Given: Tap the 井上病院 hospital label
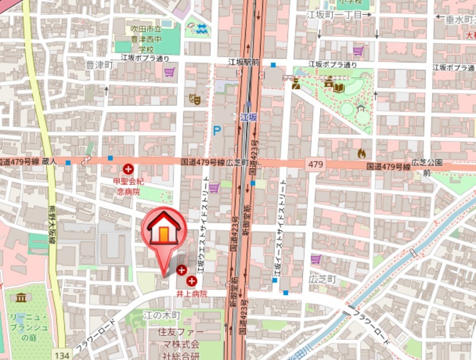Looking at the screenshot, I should point(191,293).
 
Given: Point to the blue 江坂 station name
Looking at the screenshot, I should point(249,117).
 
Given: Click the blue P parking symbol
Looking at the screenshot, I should point(217,130).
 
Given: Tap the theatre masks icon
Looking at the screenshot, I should point(194,99).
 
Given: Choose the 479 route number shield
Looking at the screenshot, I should point(316,164).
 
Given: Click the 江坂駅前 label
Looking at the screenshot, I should point(244,62).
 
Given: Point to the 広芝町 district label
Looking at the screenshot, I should point(322,279).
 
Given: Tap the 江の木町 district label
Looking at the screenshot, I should point(158,313).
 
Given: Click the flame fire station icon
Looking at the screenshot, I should point(361,153).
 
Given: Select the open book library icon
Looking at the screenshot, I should point(339,88).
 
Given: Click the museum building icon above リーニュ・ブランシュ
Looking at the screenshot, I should point(21,297).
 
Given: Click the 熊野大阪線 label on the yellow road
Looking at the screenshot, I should point(51,226).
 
